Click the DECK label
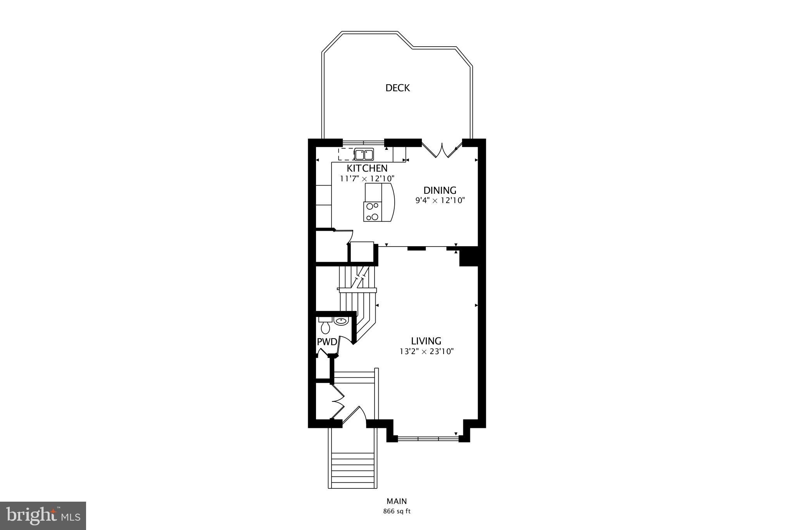pos(397,88)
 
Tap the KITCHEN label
pos(367,169)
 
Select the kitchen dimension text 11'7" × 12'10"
pos(367,179)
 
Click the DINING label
pos(440,191)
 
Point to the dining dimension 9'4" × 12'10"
pos(440,201)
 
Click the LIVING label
pos(426,341)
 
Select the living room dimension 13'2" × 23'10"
pos(426,352)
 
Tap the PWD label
pos(327,342)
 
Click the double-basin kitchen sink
pos(364,155)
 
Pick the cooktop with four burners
pos(373,212)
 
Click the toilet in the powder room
pos(325,326)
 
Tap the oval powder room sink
pos(341,321)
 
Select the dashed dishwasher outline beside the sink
pos(346,154)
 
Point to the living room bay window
pos(428,438)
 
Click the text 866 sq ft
pos(397,511)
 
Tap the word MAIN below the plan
pos(397,501)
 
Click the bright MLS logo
pos(43,516)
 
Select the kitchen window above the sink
pos(363,142)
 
